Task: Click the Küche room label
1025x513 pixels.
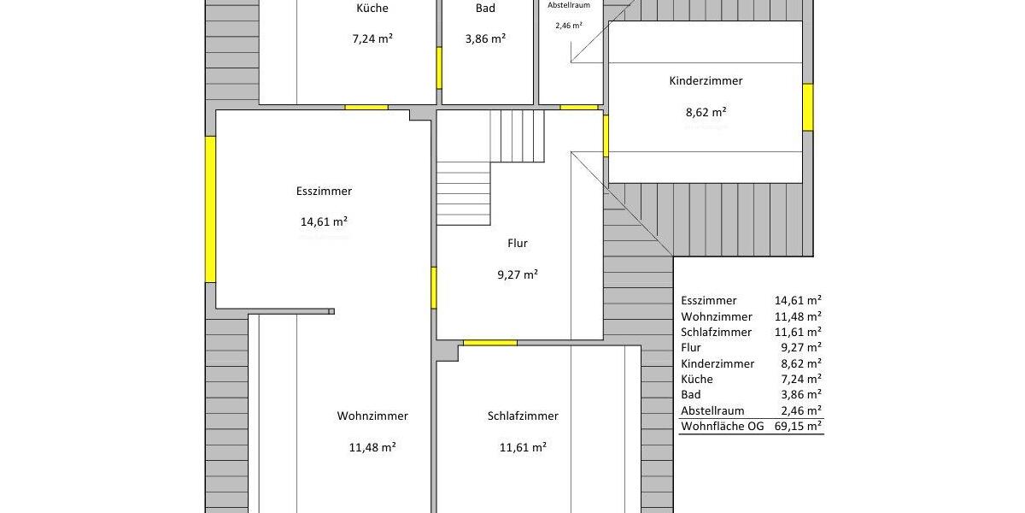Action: tap(372, 9)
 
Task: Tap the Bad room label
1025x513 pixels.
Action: tap(485, 9)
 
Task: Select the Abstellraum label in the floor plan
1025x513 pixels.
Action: tap(568, 5)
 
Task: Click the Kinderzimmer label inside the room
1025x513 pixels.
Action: tap(706, 81)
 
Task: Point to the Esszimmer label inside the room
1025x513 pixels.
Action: tap(324, 192)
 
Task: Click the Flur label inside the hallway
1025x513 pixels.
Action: tap(518, 244)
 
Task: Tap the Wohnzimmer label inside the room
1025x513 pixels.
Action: tap(372, 416)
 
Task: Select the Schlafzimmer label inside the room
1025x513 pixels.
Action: tap(523, 416)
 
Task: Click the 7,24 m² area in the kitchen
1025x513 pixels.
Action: tap(372, 38)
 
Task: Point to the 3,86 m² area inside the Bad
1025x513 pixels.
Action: tap(485, 38)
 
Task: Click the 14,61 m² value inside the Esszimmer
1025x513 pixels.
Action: tap(324, 221)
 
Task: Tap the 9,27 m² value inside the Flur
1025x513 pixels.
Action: tap(518, 274)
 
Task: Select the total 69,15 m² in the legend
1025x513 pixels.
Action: tap(798, 425)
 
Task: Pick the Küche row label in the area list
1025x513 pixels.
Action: tap(697, 379)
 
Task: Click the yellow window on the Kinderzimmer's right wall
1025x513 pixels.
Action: tap(807, 107)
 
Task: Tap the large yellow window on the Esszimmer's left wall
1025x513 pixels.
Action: tap(210, 209)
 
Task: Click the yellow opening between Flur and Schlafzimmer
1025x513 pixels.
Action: tap(490, 343)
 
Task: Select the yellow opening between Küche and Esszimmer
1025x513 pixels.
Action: tap(366, 107)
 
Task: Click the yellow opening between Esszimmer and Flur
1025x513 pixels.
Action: tap(434, 288)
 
